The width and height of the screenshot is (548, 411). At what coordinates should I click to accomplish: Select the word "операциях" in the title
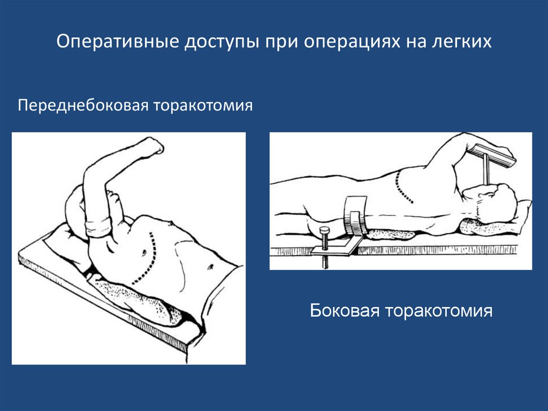(x=352, y=42)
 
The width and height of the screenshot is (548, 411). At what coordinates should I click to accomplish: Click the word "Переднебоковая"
(x=83, y=106)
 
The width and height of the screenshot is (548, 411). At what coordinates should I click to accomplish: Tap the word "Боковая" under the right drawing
(x=345, y=310)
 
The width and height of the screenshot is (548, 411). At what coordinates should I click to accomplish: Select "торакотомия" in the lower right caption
(x=439, y=311)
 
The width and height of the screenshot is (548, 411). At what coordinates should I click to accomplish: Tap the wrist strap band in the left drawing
(x=98, y=227)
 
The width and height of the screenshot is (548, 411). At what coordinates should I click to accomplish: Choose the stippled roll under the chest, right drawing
(x=391, y=234)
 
